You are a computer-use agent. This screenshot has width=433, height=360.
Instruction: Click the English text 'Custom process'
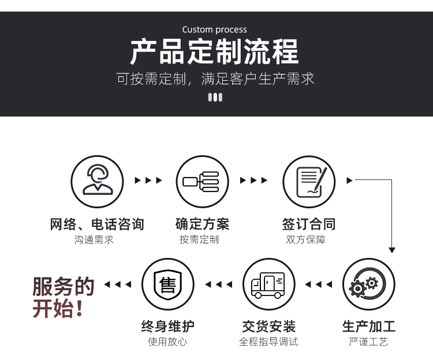(214, 29)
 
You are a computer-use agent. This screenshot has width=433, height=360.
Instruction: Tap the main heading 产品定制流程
(214, 51)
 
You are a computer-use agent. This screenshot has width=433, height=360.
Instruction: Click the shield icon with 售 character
(167, 284)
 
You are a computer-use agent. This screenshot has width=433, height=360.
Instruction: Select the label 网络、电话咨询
(97, 224)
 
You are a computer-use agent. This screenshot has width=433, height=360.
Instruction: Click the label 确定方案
(203, 224)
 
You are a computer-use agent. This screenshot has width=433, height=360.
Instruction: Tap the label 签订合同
(309, 224)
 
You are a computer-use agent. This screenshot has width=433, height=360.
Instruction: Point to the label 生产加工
(369, 327)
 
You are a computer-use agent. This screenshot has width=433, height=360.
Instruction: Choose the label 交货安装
(268, 327)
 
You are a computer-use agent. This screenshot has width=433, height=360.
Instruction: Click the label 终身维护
(167, 327)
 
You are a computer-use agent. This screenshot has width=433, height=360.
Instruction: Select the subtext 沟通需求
(94, 240)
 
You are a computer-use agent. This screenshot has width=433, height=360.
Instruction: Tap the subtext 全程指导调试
(268, 342)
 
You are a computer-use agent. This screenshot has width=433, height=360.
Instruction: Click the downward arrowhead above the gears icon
(392, 250)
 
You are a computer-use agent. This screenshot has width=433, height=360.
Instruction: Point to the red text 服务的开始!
(64, 297)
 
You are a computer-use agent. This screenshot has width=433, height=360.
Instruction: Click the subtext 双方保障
(305, 240)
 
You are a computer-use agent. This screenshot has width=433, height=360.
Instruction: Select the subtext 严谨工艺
(368, 342)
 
